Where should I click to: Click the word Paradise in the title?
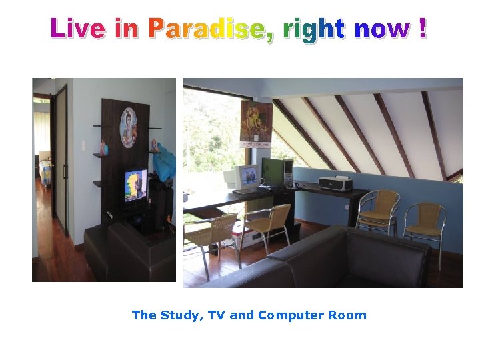coord(210,29)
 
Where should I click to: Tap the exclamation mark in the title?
coord(423,29)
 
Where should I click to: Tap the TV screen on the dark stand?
coord(135,185)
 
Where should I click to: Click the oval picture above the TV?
coord(129,127)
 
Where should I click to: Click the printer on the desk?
coord(335,183)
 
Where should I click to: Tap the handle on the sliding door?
coord(65,170)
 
